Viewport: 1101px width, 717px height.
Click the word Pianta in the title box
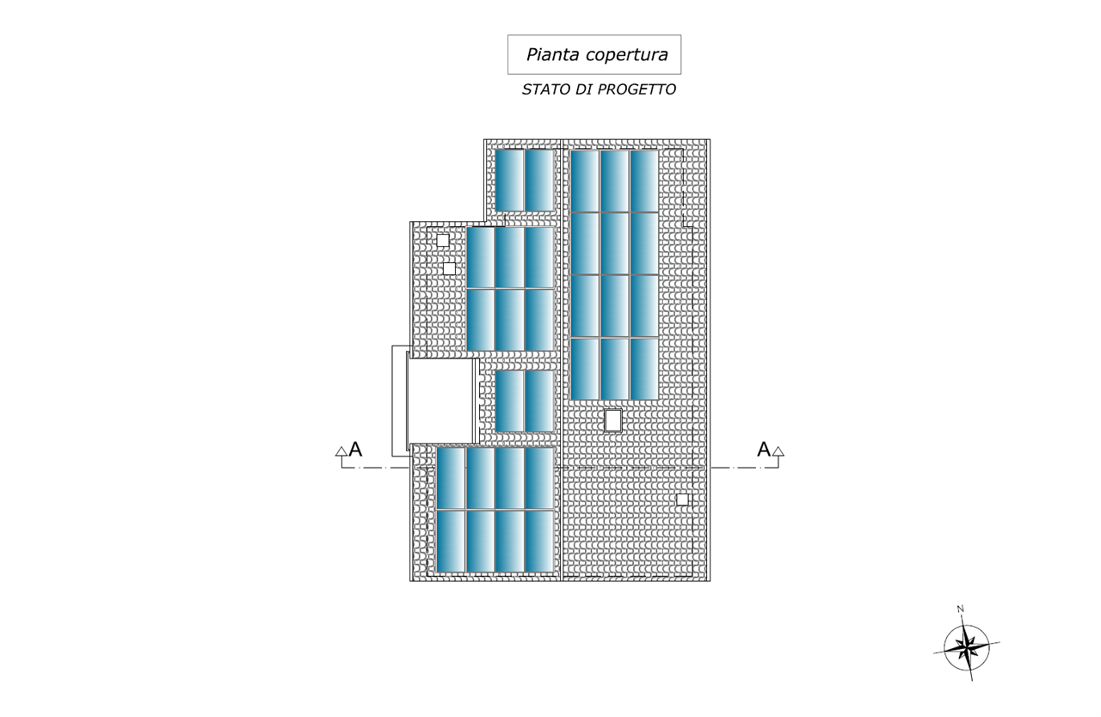point(552,55)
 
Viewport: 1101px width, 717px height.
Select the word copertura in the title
point(626,55)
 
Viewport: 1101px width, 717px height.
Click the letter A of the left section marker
point(355,449)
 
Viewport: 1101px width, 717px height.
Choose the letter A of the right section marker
point(763,449)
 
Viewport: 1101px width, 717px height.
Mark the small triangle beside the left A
point(341,450)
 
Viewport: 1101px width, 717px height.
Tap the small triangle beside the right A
point(778,450)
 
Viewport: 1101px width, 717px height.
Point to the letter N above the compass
point(960,610)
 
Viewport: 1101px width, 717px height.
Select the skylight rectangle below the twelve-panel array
point(613,420)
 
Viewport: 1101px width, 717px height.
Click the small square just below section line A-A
point(682,499)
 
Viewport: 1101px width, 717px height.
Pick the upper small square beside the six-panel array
point(443,241)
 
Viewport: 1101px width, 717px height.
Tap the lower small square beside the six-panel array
point(449,268)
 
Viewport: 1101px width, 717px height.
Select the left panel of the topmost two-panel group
point(509,180)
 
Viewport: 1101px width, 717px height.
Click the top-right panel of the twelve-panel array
point(644,181)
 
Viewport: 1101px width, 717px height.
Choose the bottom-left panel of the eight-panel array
point(451,541)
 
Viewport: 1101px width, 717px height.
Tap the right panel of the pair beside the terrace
point(539,401)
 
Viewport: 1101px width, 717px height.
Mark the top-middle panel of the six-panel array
point(509,257)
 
